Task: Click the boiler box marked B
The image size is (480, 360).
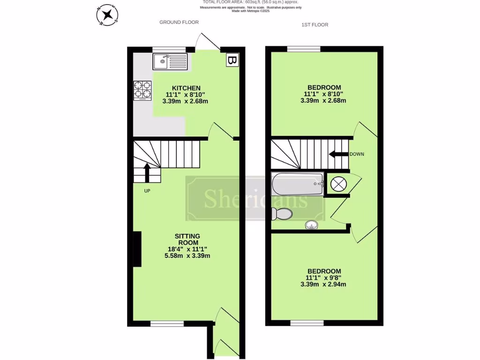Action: point(232,60)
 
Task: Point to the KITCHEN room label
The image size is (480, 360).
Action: point(186,88)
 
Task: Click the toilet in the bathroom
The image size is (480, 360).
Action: point(283,214)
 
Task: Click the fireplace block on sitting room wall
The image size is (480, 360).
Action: point(137,249)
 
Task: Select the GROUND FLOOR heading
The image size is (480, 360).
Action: point(179,22)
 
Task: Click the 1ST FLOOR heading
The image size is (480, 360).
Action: point(315,25)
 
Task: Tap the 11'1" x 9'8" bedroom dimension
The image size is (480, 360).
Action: point(324,277)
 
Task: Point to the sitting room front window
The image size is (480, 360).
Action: point(167,323)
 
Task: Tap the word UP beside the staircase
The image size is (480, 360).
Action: point(147,191)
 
